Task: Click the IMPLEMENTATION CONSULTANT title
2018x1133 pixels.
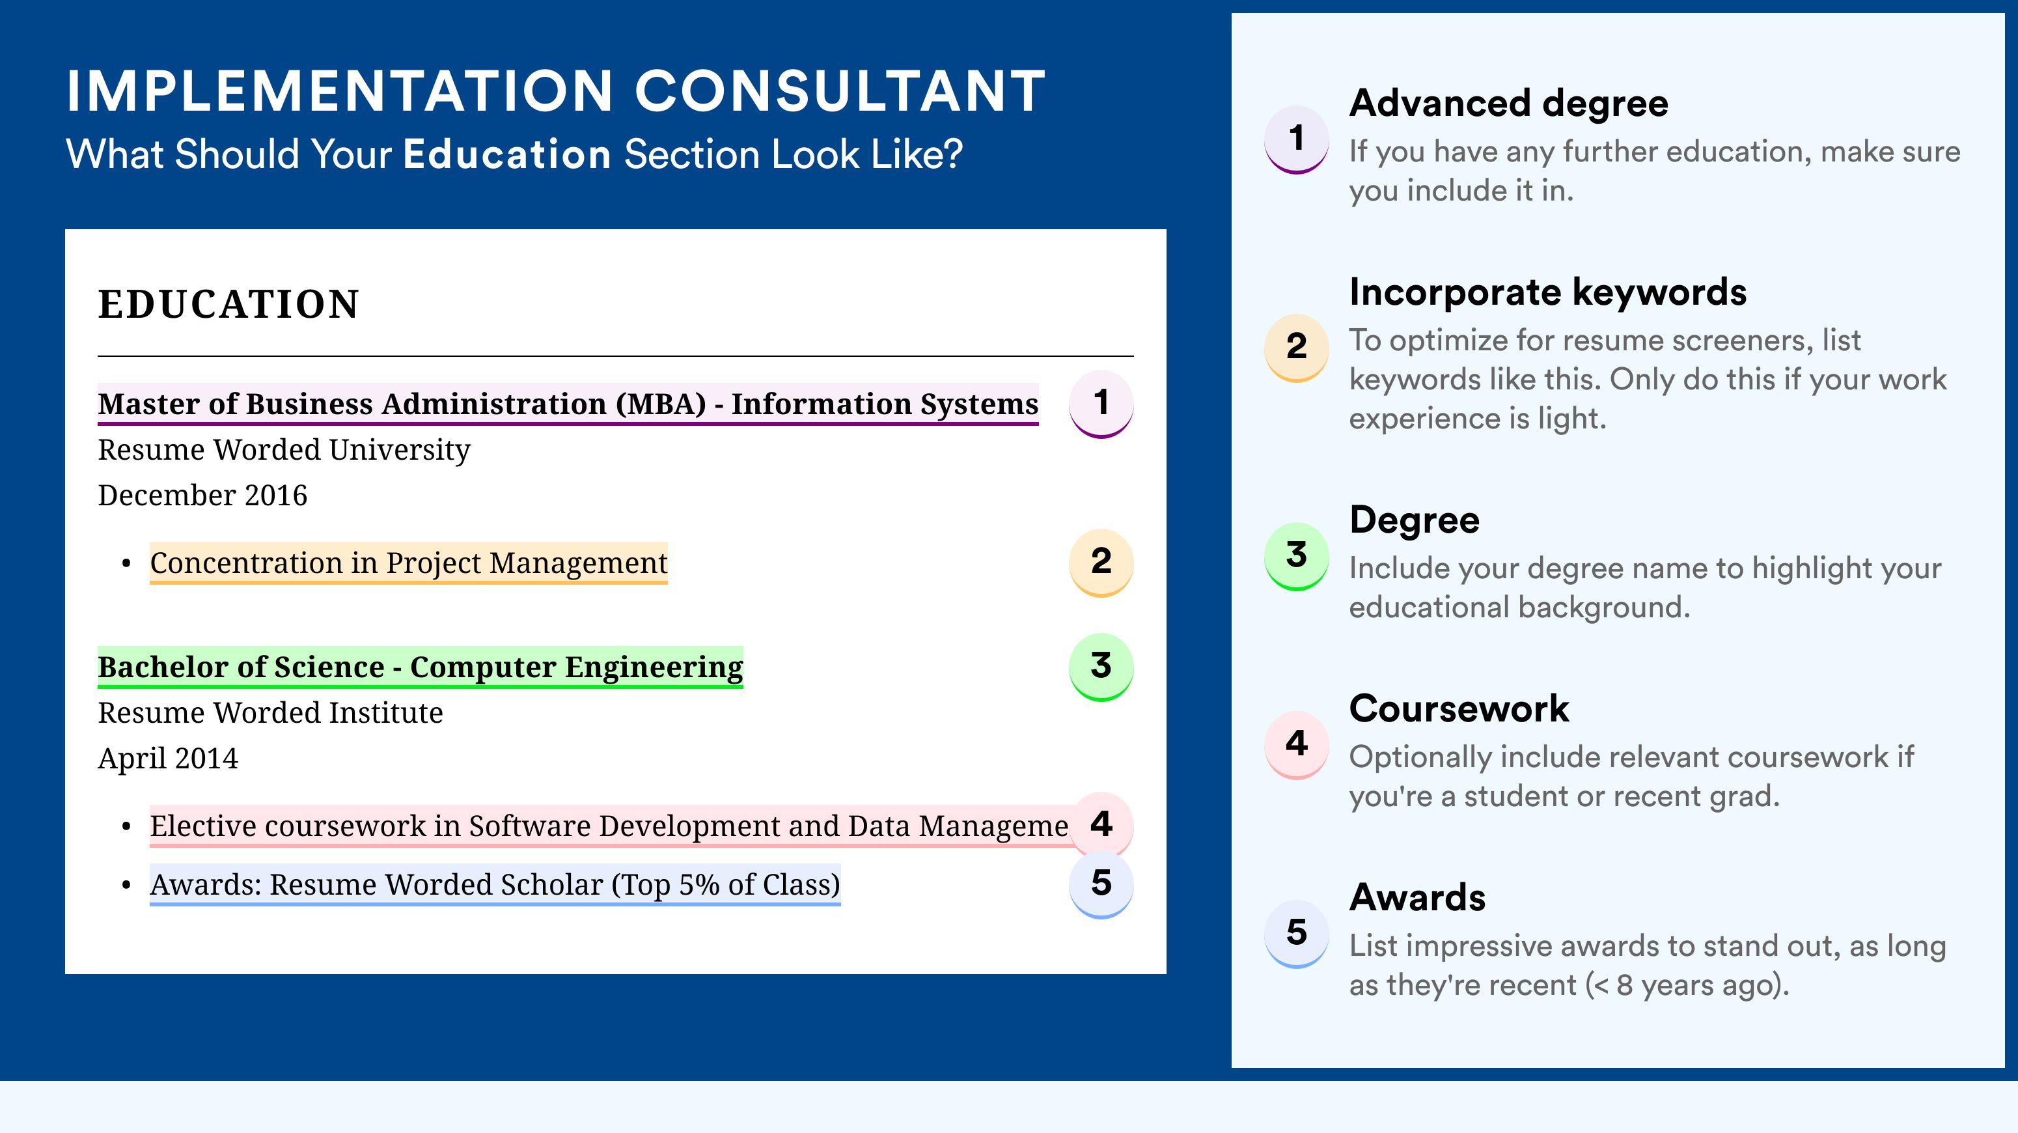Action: coord(555,91)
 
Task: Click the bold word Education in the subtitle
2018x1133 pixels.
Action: coord(507,154)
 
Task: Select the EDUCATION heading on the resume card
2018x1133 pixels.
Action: coord(228,304)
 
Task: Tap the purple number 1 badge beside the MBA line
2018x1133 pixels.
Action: coord(1101,404)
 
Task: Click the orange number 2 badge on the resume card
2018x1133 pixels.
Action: coord(1101,563)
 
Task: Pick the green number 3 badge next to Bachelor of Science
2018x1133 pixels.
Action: coord(1101,667)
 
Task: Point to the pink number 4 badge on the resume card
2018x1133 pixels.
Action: coord(1101,824)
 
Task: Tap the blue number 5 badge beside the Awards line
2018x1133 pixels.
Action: coord(1101,885)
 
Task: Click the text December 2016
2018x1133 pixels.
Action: coord(202,495)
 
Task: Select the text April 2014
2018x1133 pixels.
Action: coord(168,759)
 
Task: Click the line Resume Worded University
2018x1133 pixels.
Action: coord(284,450)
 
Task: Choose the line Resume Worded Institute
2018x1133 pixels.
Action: coord(270,713)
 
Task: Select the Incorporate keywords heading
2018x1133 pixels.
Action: coord(1547,293)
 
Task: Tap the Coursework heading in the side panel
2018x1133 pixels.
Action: coord(1459,708)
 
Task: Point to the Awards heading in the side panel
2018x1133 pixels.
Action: coord(1417,897)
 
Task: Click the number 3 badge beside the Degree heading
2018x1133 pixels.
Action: coord(1297,555)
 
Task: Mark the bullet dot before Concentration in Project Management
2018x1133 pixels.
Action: coord(126,564)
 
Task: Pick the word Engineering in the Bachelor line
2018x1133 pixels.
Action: coord(654,667)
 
